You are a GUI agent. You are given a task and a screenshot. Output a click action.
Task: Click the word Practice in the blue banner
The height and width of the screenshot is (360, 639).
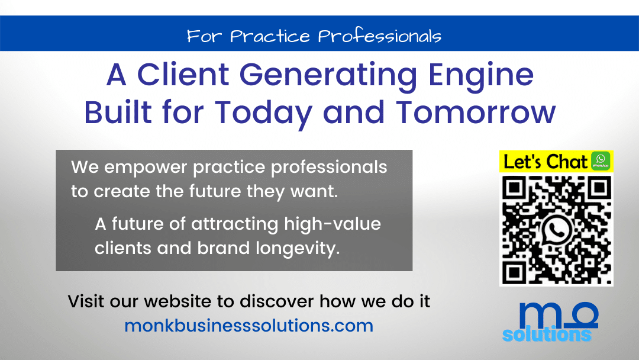pyautogui.click(x=270, y=36)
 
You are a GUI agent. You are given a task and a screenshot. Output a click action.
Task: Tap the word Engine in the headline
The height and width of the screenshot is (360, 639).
pyautogui.click(x=481, y=75)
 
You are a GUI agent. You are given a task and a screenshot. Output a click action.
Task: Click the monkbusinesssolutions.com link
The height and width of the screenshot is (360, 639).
pyautogui.click(x=249, y=325)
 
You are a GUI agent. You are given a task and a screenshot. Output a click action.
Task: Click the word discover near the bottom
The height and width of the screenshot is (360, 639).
pyautogui.click(x=277, y=301)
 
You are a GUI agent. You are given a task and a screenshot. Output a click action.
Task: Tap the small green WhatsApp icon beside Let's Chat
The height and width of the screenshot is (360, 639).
pyautogui.click(x=601, y=160)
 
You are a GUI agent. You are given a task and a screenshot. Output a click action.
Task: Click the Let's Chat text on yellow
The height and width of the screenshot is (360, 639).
pyautogui.click(x=546, y=162)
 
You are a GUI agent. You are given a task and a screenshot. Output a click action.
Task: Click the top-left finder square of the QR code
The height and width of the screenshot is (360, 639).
pyautogui.click(x=515, y=188)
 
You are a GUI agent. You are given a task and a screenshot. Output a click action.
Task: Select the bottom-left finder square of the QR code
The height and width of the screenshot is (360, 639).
pyautogui.click(x=514, y=272)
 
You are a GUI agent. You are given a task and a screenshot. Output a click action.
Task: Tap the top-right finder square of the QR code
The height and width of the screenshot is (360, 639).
pyautogui.click(x=599, y=188)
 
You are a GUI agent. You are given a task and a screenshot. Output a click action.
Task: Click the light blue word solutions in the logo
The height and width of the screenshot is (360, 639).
pyautogui.click(x=547, y=334)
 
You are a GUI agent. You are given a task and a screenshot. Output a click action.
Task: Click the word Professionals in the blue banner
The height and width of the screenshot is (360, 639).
pyautogui.click(x=380, y=36)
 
